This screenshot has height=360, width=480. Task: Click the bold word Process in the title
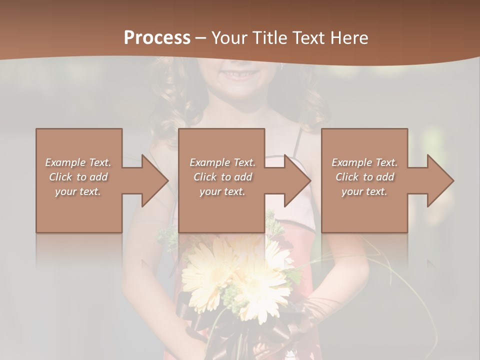[157, 38]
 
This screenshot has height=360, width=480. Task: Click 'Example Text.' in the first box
[78, 162]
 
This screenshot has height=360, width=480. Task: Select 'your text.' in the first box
[78, 191]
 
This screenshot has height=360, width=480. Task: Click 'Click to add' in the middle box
[222, 177]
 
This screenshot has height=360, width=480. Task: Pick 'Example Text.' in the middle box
[222, 162]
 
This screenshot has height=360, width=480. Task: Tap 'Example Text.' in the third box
[364, 162]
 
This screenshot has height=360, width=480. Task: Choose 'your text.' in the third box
[364, 191]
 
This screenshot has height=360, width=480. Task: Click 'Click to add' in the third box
[364, 177]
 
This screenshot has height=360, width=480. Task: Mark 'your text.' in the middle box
[222, 191]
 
